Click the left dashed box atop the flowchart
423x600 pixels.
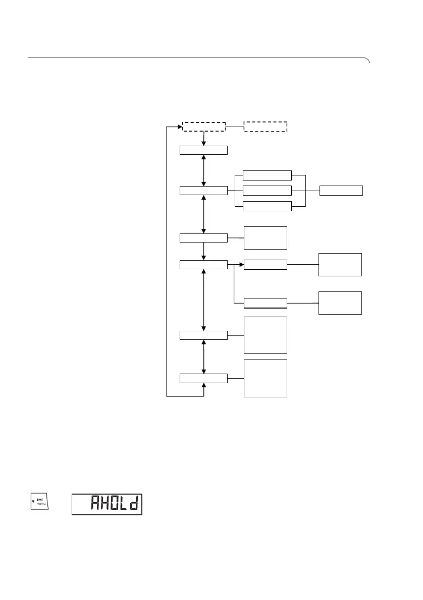203,127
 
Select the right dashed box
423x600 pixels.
266,127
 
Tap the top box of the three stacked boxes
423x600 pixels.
267,175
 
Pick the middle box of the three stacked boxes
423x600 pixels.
267,191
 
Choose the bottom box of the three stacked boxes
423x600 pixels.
267,206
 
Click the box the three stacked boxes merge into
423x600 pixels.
341,191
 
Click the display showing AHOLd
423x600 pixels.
107,504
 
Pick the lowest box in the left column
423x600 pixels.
203,378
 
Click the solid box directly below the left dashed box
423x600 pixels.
203,150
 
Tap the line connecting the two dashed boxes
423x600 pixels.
235,127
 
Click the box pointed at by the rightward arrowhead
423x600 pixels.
265,264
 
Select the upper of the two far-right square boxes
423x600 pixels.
340,265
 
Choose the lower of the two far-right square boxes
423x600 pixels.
340,303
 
